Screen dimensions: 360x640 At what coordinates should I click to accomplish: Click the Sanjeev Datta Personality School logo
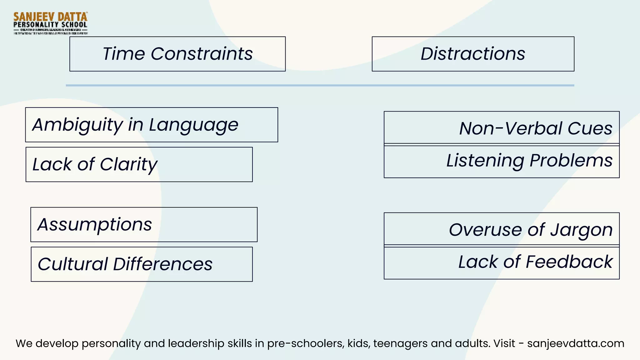(50, 23)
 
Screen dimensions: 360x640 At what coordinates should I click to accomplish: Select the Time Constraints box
(177, 54)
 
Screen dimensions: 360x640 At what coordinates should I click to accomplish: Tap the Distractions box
(473, 54)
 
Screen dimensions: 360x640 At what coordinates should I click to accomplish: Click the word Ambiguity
(78, 125)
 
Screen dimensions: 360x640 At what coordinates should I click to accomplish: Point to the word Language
(193, 125)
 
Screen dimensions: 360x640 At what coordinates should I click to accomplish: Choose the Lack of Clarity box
(139, 164)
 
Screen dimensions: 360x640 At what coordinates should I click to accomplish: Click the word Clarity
(129, 164)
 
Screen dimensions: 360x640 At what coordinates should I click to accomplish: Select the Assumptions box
(144, 224)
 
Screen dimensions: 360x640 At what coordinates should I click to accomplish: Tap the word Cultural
(73, 264)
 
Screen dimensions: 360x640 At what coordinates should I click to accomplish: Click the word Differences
(163, 264)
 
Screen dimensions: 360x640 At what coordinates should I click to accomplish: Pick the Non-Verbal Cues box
(502, 128)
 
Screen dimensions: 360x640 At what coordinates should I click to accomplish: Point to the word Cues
(590, 128)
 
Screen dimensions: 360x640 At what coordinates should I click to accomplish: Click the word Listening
(485, 161)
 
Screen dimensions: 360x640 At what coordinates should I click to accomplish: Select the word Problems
(571, 161)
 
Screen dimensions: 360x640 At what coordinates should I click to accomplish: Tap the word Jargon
(581, 230)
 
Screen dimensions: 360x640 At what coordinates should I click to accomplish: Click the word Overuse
(485, 230)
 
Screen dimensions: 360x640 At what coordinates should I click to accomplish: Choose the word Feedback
(569, 262)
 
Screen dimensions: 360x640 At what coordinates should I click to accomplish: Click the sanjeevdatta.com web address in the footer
(576, 343)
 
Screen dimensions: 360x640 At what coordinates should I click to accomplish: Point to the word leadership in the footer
(194, 343)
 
